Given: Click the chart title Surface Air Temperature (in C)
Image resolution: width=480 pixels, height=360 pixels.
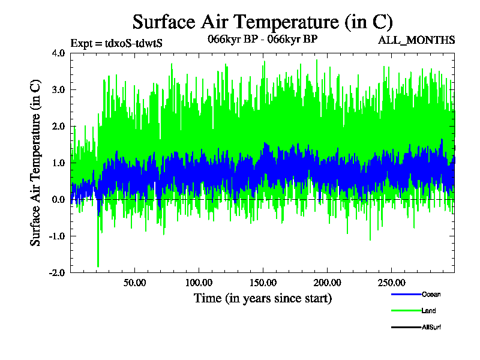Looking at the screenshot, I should tap(262, 22).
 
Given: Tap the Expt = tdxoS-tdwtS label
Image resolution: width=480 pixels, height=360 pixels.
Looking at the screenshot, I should tap(116, 43).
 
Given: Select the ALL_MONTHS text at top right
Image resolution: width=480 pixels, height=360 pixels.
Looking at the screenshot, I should tap(416, 40).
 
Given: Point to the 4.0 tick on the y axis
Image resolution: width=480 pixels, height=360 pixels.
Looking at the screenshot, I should tap(58, 53).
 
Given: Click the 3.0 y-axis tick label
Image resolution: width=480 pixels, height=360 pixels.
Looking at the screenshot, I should tap(58, 89).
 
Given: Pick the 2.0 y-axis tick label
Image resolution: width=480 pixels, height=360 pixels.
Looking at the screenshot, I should tap(58, 126).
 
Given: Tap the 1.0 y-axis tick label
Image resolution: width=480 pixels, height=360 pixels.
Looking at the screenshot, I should tap(58, 163).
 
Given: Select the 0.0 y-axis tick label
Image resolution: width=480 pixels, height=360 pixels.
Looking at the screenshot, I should tap(58, 199).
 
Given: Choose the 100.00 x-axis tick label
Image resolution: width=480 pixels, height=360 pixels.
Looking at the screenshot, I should tap(199, 282).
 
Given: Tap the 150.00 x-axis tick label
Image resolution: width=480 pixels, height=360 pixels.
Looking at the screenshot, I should tap(262, 282).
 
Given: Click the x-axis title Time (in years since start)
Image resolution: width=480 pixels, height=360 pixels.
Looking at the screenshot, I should tap(262, 298).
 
